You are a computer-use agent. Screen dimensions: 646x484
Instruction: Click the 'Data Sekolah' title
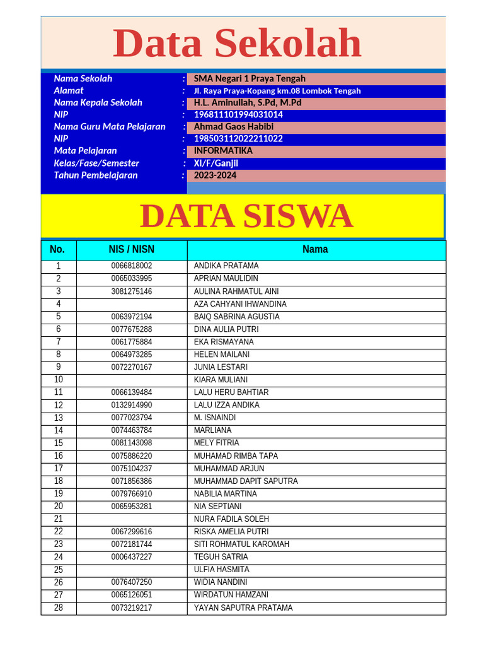(237, 44)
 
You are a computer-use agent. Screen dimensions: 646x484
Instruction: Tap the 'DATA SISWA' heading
(246, 216)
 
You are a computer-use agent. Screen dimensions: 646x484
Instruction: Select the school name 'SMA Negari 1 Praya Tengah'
(250, 79)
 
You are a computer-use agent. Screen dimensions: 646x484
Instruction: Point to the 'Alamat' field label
(69, 91)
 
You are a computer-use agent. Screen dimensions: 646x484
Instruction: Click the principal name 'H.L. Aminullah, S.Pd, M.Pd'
(248, 103)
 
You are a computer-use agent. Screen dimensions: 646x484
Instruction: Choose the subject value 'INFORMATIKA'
(223, 151)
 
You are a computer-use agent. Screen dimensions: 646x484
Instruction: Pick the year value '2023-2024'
(216, 175)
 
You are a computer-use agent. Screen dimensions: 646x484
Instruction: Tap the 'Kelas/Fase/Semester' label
(96, 163)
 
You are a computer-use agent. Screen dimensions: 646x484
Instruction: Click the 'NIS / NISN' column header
(132, 250)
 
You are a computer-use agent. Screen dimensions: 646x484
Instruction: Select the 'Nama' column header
(315, 250)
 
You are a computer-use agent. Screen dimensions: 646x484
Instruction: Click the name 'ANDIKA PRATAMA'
(226, 266)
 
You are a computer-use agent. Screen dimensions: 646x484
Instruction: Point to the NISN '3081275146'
(132, 291)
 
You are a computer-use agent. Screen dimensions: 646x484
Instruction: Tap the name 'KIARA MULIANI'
(221, 380)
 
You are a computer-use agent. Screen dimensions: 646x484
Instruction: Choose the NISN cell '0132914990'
(132, 405)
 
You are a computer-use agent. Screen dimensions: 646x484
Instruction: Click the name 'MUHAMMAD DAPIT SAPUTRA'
(246, 481)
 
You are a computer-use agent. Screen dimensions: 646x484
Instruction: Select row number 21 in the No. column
(59, 519)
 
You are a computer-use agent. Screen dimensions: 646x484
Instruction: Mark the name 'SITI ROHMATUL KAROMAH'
(241, 544)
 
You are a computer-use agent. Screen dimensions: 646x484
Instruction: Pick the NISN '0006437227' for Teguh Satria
(132, 557)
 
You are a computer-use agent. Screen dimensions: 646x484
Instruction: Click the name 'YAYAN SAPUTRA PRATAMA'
(243, 608)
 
